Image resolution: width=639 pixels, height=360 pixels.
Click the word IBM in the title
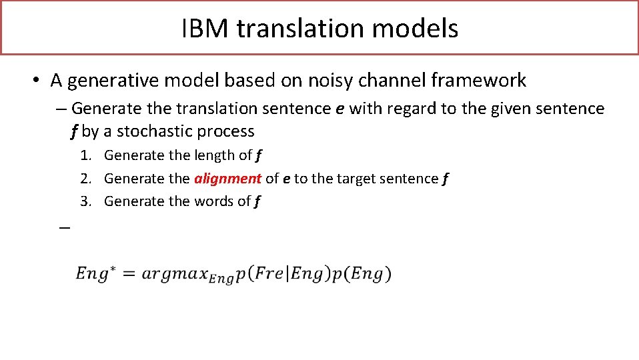coord(205,29)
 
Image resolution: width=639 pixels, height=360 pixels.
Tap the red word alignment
coord(227,178)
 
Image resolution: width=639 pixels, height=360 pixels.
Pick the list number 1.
coord(85,155)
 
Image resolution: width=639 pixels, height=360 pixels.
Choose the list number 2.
coord(85,178)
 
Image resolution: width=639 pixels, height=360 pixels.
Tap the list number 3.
coord(85,201)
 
